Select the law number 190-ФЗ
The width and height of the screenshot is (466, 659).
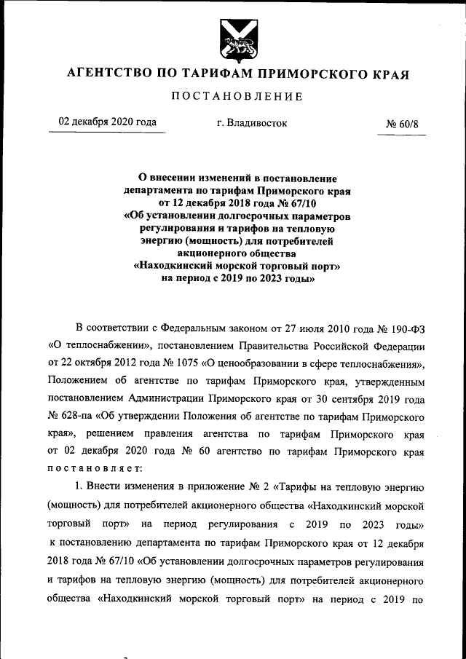tap(403, 325)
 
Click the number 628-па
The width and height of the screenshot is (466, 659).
tap(76, 419)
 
